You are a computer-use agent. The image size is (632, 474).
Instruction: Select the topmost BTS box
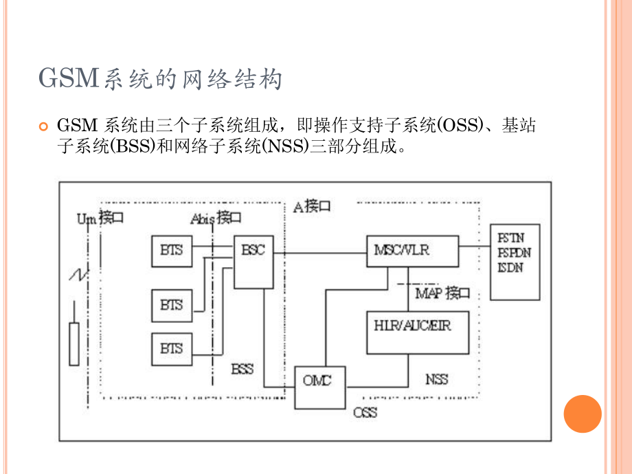point(172,251)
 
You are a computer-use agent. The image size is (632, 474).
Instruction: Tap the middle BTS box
point(172,304)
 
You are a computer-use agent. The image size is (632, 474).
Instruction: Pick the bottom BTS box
point(172,348)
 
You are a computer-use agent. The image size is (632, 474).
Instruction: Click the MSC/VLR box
point(411,251)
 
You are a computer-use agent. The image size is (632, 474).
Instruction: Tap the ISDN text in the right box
point(510,267)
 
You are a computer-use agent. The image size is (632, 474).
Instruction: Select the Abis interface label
point(216,218)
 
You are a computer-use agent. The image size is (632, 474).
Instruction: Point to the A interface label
point(312,206)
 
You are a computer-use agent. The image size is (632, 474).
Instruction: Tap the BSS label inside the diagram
point(242,369)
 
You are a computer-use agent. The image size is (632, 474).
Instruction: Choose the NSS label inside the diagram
point(436,379)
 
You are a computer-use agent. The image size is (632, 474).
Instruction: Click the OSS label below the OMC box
point(365,413)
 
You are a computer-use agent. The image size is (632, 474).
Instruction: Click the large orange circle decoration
point(583,414)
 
